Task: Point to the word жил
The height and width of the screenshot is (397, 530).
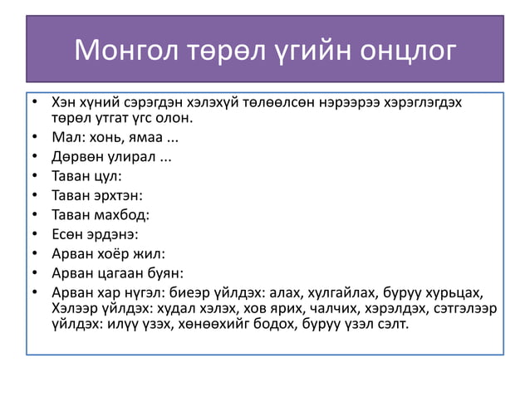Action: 149,254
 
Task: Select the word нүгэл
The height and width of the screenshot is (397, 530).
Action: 145,292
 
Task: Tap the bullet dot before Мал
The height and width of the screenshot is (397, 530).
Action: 34,137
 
